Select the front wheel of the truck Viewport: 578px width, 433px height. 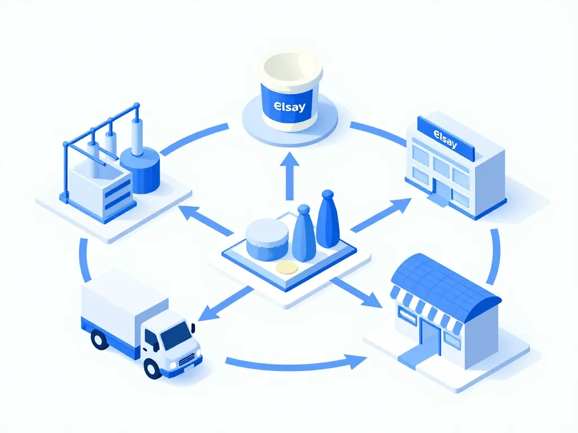152,368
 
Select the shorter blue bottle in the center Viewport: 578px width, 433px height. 304,233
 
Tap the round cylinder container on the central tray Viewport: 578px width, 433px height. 267,238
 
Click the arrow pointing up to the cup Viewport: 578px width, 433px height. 291,175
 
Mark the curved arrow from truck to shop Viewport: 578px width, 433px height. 294,364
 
